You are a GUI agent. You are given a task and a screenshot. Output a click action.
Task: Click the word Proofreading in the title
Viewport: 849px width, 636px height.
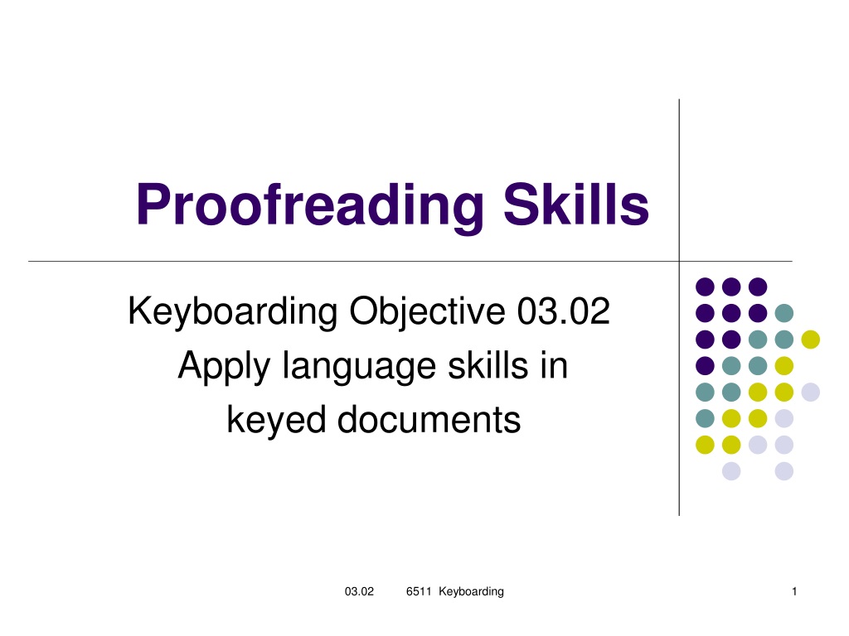[310, 206]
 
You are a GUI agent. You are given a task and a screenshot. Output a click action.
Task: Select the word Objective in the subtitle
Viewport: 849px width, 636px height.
[427, 313]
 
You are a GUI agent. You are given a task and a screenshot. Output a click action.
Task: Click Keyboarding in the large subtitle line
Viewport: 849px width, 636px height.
[232, 313]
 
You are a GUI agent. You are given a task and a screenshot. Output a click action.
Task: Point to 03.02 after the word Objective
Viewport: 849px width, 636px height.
[564, 311]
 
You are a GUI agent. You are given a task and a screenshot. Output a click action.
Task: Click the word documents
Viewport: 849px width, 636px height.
[429, 420]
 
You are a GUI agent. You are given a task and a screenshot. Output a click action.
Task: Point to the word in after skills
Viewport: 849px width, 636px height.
[553, 365]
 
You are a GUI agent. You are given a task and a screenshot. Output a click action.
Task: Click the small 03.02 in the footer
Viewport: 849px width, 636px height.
[359, 591]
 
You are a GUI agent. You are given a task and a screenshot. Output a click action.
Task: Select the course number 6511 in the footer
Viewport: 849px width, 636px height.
[419, 591]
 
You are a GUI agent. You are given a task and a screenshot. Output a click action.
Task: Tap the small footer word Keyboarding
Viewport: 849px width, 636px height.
[471, 592]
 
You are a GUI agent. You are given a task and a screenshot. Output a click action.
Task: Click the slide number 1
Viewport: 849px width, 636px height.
[794, 591]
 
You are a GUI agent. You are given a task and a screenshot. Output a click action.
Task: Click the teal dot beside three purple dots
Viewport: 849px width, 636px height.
[784, 313]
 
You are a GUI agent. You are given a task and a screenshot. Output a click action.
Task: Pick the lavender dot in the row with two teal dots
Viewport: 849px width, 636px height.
[811, 392]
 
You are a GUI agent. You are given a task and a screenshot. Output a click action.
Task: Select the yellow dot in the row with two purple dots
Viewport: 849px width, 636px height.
[811, 340]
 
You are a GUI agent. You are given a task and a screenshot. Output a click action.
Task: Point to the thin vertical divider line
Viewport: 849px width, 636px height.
[679, 307]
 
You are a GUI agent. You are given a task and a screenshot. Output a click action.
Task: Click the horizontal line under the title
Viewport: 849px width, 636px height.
[410, 262]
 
